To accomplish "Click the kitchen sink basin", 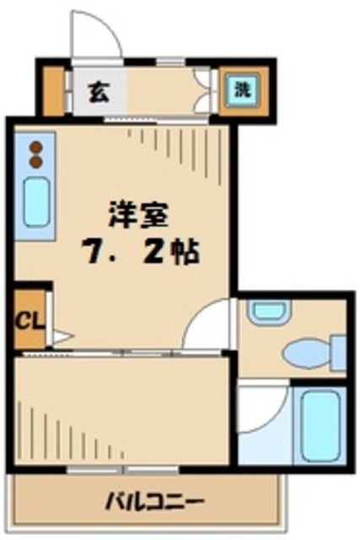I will (x=35, y=201).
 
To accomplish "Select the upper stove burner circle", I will (x=35, y=146).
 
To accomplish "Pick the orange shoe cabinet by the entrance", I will (x=53, y=89).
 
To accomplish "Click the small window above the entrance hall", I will (x=169, y=62).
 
